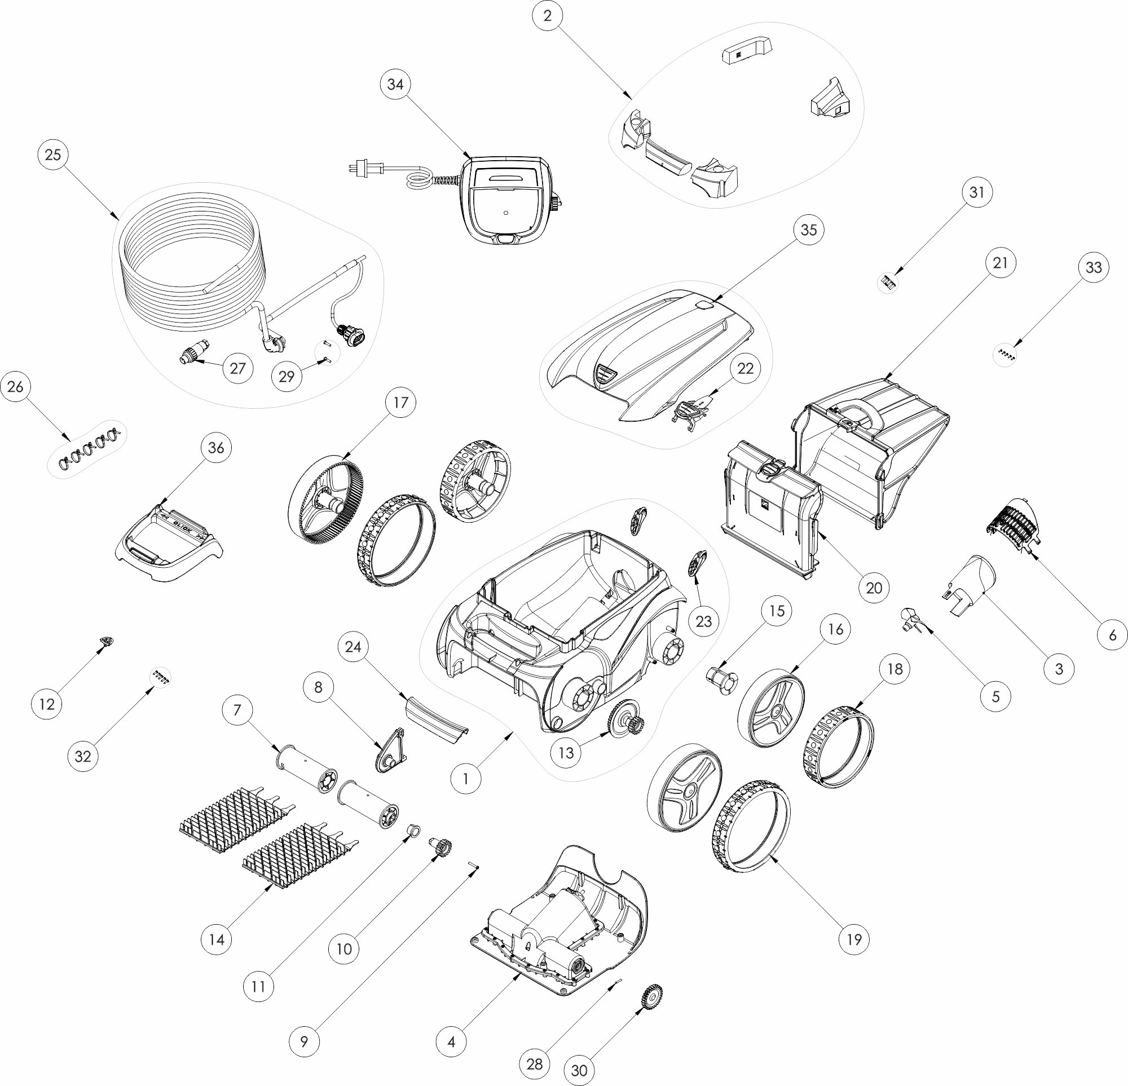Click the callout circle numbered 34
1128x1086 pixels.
[395, 85]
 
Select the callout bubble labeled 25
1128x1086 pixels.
[53, 155]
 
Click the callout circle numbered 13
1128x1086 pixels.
[566, 753]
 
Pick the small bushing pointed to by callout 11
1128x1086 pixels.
[413, 830]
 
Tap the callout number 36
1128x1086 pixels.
[216, 448]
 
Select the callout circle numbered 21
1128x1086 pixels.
[1000, 263]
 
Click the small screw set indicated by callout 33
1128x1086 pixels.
[1007, 355]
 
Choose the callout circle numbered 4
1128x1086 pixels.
[451, 1041]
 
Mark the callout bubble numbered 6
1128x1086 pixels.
[1112, 635]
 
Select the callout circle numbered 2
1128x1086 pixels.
[547, 16]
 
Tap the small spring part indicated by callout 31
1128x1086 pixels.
[889, 281]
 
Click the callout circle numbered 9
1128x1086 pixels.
[304, 1041]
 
